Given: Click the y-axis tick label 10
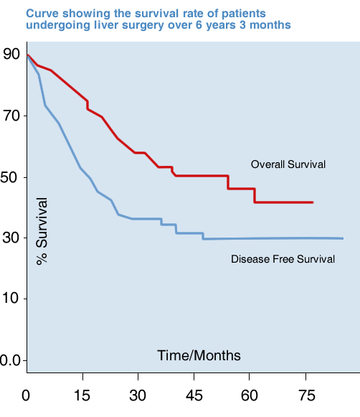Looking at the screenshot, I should coord(10,299).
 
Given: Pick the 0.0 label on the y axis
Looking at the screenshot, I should coord(9,360).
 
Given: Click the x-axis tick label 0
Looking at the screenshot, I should coord(27,394).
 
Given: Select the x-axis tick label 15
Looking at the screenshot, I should coord(82,394).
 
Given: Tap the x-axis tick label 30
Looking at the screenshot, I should coord(138,394).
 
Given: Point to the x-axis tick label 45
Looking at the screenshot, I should coord(194,394).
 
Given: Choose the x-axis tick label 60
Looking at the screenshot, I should coord(249,394).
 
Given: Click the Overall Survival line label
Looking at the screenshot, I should coord(288,164).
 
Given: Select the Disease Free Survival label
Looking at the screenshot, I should coord(283,258).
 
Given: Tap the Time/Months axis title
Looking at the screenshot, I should coord(199,355).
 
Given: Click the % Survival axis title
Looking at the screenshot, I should coord(42,231).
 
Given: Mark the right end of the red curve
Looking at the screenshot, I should coord(313,202).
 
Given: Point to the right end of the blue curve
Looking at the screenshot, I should coord(343,238).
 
